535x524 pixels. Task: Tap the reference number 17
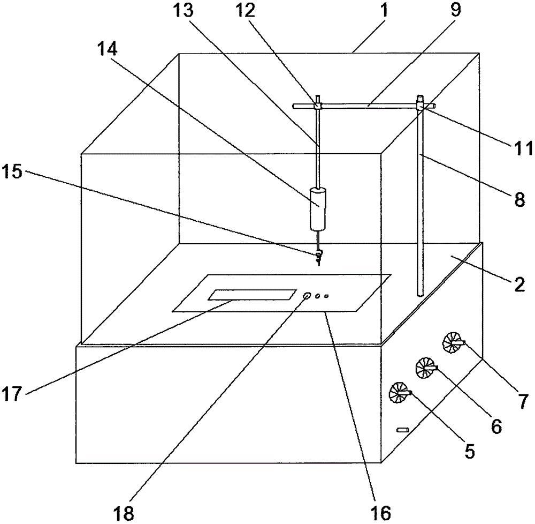click(x=12, y=395)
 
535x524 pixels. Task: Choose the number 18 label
click(x=124, y=511)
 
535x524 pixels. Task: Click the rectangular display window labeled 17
click(x=253, y=295)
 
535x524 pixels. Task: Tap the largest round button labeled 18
click(x=308, y=296)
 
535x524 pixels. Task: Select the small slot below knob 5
click(x=402, y=430)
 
